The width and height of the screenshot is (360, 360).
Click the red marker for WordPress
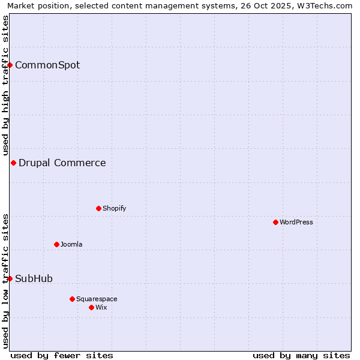[275, 222]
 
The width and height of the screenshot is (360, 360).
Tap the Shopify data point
[98, 208]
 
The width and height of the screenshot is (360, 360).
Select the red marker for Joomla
[56, 244]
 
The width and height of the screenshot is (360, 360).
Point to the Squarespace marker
[72, 299]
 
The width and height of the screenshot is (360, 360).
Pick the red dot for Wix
[91, 307]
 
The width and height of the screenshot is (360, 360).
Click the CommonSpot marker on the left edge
[10, 65]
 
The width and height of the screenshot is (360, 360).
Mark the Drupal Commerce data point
[13, 163]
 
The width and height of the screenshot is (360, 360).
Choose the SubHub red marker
[10, 278]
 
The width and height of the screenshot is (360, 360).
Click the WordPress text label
[296, 222]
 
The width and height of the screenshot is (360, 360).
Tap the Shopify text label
[114, 208]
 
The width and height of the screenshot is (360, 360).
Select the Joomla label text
[71, 244]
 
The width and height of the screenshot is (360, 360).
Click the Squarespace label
[97, 299]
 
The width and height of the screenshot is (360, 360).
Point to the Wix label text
[101, 307]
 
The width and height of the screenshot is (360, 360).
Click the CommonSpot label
[47, 65]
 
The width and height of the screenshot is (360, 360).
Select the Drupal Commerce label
[62, 163]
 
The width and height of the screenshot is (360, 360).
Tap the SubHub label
[34, 278]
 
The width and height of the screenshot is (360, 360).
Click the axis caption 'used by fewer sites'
[62, 355]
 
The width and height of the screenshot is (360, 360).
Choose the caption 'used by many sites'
[301, 355]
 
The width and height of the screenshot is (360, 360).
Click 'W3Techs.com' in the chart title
[328, 6]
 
